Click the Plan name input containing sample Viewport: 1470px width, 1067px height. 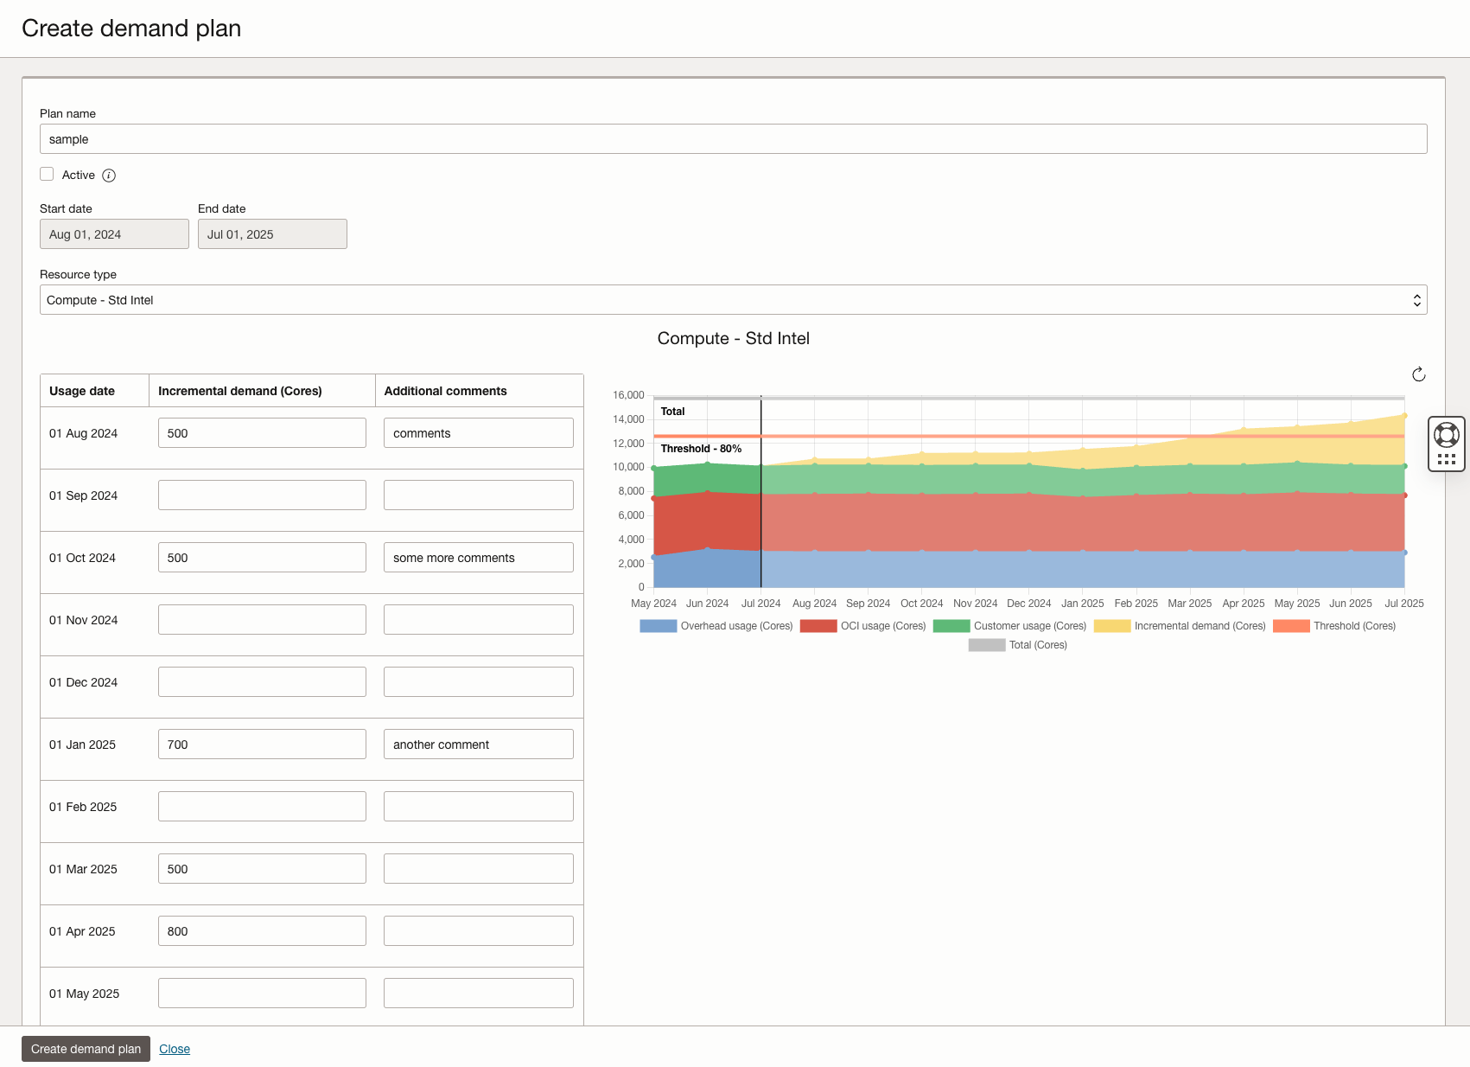733,139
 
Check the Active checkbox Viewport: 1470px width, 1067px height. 48,175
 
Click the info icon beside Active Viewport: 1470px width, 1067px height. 109,176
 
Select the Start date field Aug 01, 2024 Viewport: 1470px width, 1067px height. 114,234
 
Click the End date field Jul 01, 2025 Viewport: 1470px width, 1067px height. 272,234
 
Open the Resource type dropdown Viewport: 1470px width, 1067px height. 733,300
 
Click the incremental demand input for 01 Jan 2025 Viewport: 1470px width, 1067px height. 262,744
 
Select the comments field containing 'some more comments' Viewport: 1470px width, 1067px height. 478,558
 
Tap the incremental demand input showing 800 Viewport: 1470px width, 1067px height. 262,931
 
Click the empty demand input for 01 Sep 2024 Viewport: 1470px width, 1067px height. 262,495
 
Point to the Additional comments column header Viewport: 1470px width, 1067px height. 445,391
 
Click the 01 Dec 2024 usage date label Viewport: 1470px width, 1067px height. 83,682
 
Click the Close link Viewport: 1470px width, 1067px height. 175,1049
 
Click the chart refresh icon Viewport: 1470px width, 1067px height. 1418,374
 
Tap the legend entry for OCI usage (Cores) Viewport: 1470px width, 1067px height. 863,626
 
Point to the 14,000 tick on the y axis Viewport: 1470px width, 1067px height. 628,419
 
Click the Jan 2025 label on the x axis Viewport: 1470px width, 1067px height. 1082,604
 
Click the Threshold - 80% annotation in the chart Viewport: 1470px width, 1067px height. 701,449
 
